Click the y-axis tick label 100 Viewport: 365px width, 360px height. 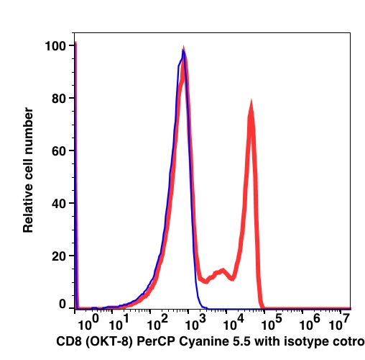(x=55, y=46)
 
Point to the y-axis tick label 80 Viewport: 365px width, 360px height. (x=59, y=99)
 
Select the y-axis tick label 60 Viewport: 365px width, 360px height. (x=59, y=151)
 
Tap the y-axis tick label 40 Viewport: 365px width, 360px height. (x=59, y=204)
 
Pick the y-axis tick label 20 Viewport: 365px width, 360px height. (x=59, y=256)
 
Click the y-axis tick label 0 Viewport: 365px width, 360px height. (x=63, y=304)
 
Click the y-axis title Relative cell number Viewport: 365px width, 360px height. (x=28, y=170)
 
